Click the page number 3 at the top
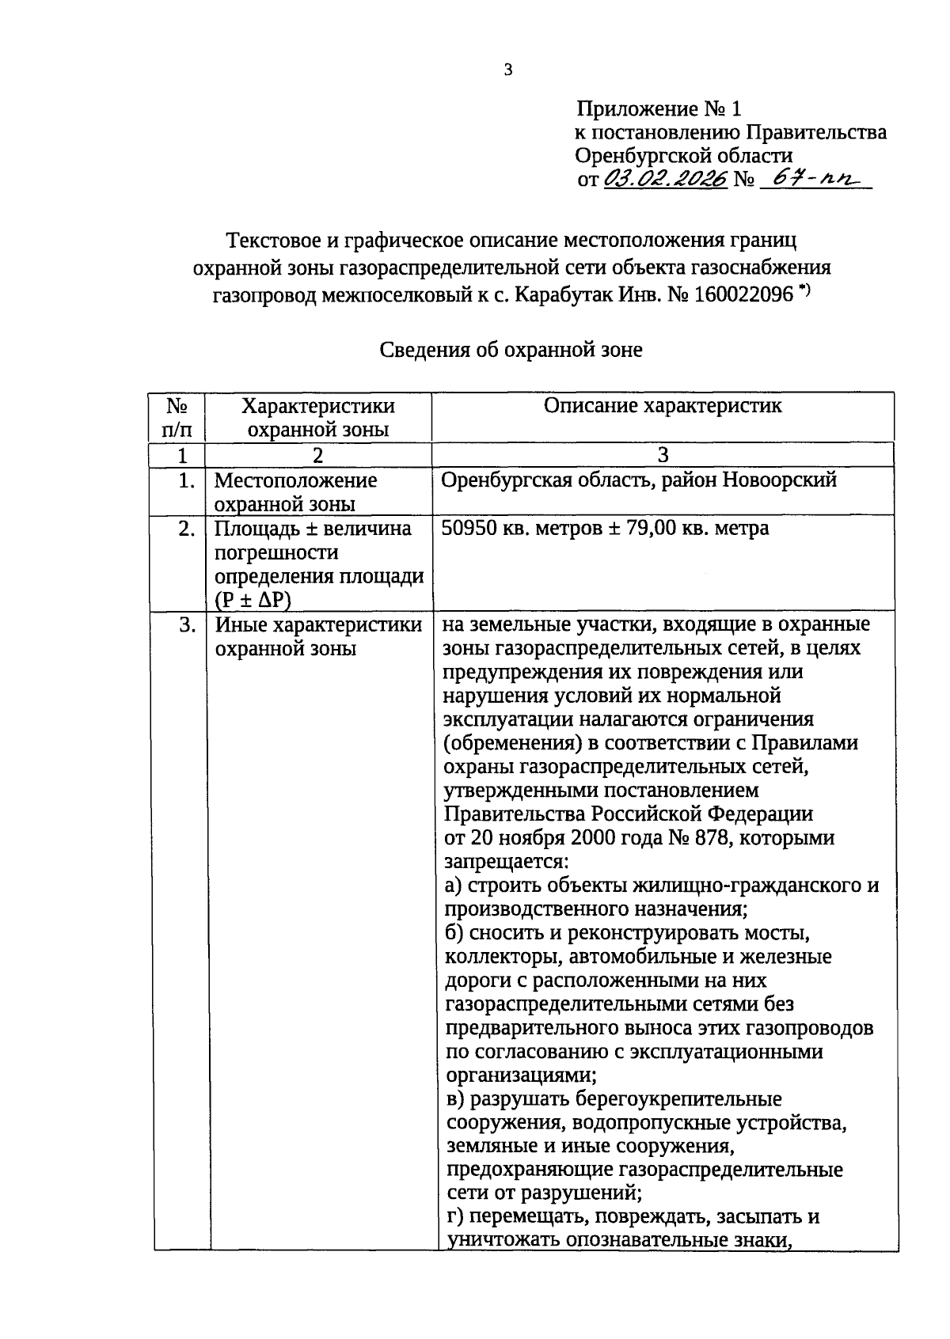pos(508,71)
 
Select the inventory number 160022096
pos(744,295)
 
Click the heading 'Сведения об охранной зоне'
pos(511,350)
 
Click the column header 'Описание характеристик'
pos(663,406)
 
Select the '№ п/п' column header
pos(177,418)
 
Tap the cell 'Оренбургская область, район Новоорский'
pos(638,480)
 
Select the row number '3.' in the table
pos(187,625)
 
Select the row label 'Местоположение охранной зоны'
pos(296,492)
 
